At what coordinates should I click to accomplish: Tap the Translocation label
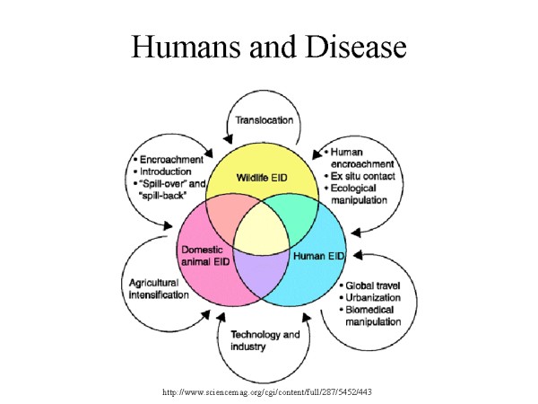tap(266, 119)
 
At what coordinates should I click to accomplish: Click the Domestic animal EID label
tap(209, 255)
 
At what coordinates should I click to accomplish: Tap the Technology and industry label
tap(266, 339)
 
